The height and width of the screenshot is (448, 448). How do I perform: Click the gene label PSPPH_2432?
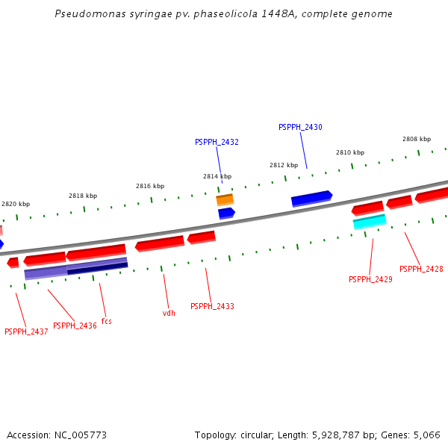pyautogui.click(x=217, y=142)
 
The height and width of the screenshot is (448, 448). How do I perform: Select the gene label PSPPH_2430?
pyautogui.click(x=300, y=127)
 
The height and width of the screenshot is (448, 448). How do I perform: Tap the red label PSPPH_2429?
pyautogui.click(x=370, y=279)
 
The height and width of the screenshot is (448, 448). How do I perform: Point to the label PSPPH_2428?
pyautogui.click(x=421, y=269)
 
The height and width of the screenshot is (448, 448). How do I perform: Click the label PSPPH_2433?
pyautogui.click(x=212, y=306)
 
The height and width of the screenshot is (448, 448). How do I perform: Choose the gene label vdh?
pyautogui.click(x=169, y=313)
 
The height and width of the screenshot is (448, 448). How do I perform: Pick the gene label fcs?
pyautogui.click(x=106, y=321)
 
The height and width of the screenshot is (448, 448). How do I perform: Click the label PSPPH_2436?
pyautogui.click(x=75, y=326)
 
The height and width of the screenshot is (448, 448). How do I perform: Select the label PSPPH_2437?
pyautogui.click(x=26, y=332)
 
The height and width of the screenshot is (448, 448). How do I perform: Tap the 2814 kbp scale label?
pyautogui.click(x=217, y=176)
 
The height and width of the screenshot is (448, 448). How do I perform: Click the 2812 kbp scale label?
pyautogui.click(x=284, y=165)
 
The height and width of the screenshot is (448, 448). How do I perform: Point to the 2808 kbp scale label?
pyautogui.click(x=417, y=139)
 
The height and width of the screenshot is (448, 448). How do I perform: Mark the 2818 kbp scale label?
pyautogui.click(x=83, y=196)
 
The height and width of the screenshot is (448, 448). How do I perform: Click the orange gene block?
pyautogui.click(x=225, y=200)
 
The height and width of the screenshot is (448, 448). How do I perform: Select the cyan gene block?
pyautogui.click(x=370, y=222)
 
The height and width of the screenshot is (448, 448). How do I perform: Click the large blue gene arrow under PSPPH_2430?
pyautogui.click(x=311, y=198)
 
